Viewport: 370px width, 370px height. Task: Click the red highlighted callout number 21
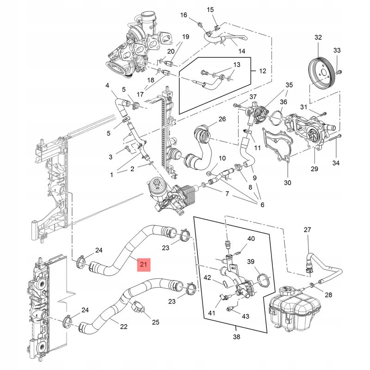[144, 265]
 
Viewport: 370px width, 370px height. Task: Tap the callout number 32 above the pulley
[318, 37]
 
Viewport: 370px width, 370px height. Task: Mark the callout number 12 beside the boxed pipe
[262, 71]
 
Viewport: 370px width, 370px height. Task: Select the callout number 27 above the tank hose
[307, 229]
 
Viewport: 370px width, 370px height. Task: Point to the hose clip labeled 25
[138, 307]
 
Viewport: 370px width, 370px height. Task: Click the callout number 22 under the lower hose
[123, 327]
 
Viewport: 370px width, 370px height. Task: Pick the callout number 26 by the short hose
[222, 119]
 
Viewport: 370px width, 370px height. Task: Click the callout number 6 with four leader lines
[262, 204]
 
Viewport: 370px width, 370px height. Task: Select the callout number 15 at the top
[210, 10]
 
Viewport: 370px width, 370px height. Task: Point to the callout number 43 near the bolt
[246, 316]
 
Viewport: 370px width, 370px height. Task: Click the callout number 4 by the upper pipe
[107, 85]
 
